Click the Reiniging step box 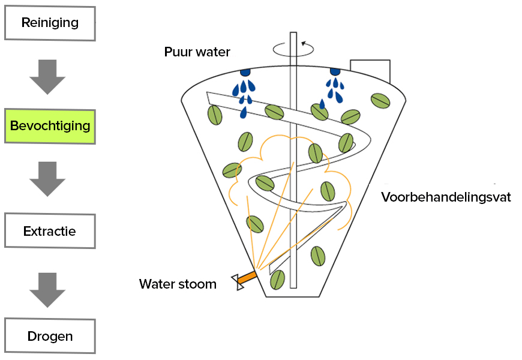click(50, 23)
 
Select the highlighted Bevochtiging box click(50, 126)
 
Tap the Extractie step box click(50, 230)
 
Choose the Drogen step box click(50, 336)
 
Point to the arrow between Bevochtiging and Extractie click(47, 178)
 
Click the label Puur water click(197, 52)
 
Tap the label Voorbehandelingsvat click(446, 197)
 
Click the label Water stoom click(178, 284)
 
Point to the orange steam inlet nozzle click(247, 277)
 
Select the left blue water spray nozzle click(245, 73)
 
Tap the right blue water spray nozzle click(334, 72)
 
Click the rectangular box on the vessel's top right click(370, 71)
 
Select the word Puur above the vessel click(178, 52)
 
